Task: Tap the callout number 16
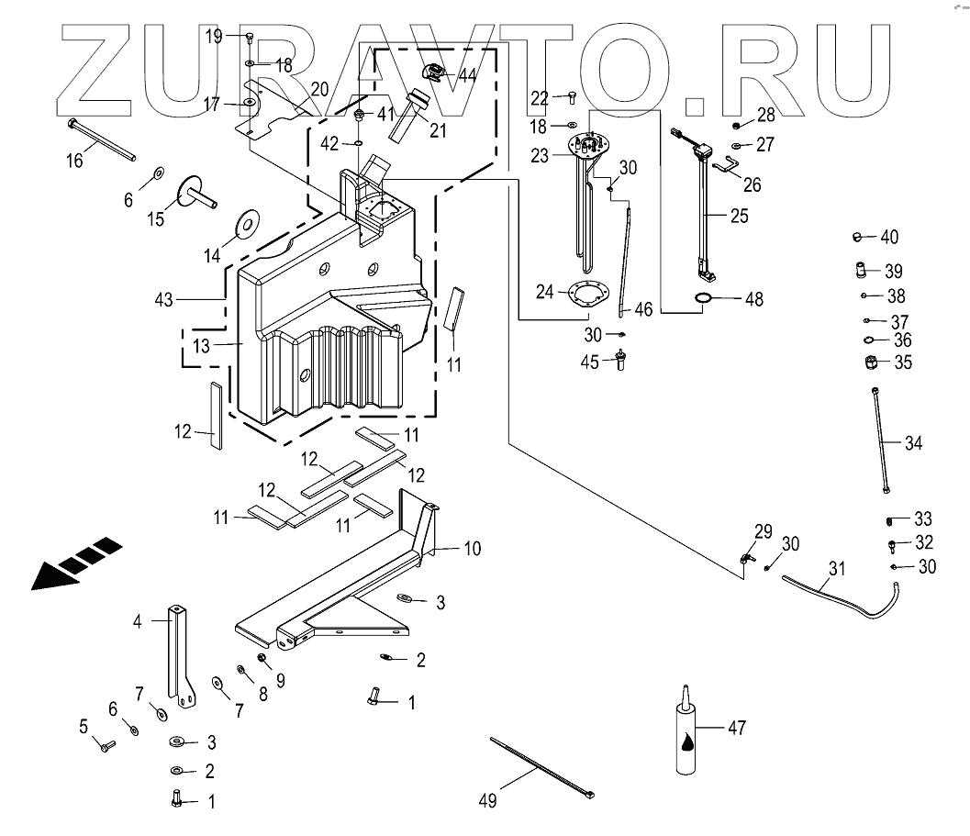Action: pyautogui.click(x=74, y=161)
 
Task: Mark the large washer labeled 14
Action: pyautogui.click(x=247, y=222)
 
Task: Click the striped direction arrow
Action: pyautogui.click(x=76, y=563)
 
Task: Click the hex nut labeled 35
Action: pyautogui.click(x=873, y=363)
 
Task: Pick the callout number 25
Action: pyautogui.click(x=739, y=217)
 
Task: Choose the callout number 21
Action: pyautogui.click(x=437, y=130)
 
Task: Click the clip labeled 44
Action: pyautogui.click(x=432, y=72)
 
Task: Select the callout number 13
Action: pyautogui.click(x=201, y=347)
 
